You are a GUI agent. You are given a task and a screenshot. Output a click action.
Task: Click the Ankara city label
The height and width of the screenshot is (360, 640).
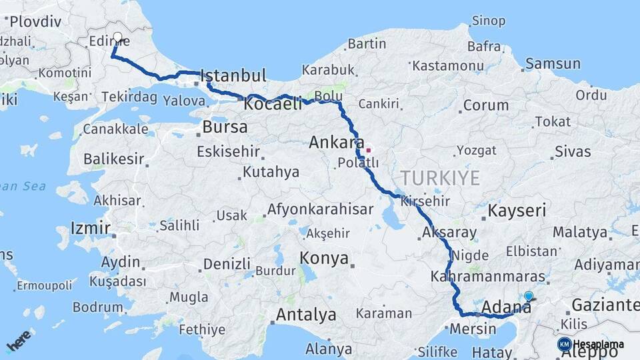pyautogui.click(x=336, y=142)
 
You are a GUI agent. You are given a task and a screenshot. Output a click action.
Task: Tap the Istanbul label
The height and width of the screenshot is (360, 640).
pyautogui.click(x=233, y=75)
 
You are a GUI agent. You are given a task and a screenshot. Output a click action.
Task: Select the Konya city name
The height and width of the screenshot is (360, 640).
pyautogui.click(x=325, y=258)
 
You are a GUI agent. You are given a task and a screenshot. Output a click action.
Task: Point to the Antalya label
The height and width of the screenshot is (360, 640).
pyautogui.click(x=306, y=314)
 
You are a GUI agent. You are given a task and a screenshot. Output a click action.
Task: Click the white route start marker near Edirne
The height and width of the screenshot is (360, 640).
pyautogui.click(x=118, y=38)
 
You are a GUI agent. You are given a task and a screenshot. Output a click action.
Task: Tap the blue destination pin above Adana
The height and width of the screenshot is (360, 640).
pyautogui.click(x=529, y=296)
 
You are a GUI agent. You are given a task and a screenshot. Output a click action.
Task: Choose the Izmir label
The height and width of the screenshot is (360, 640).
pyautogui.click(x=90, y=229)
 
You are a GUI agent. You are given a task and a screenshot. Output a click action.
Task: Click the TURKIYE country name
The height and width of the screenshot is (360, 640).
pyautogui.click(x=440, y=178)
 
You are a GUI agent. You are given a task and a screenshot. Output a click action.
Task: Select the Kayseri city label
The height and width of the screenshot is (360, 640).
pyautogui.click(x=517, y=211)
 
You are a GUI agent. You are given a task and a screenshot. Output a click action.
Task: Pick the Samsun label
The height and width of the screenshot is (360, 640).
pyautogui.click(x=553, y=64)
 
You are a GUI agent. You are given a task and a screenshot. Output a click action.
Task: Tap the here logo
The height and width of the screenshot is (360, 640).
pyautogui.click(x=19, y=339)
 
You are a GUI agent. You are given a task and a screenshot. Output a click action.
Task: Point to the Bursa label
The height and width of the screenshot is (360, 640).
pyautogui.click(x=225, y=127)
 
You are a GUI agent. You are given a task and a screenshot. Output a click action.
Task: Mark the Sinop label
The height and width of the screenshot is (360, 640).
pyautogui.click(x=488, y=21)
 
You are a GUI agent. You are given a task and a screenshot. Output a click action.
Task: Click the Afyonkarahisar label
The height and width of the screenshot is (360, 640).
pyautogui.click(x=320, y=209)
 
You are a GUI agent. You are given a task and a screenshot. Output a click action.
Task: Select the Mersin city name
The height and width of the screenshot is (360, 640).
pyautogui.click(x=473, y=329)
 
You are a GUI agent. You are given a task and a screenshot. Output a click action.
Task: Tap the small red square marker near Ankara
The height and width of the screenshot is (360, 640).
pyautogui.click(x=367, y=150)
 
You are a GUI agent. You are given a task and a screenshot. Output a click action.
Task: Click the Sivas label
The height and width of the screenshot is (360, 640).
pyautogui.click(x=573, y=151)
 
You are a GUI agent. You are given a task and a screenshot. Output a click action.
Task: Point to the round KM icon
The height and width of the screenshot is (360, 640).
pyautogui.click(x=564, y=344)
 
